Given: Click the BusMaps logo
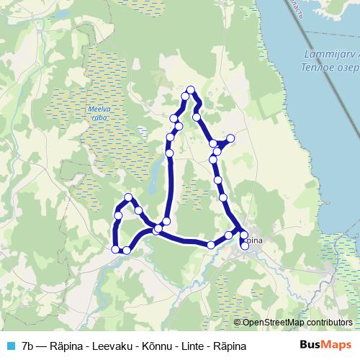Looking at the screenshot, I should point(326,345).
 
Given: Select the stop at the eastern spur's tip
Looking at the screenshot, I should point(230,138).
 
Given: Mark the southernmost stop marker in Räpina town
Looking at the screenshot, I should point(245,246).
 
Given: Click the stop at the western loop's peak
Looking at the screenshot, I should point(129,197).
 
